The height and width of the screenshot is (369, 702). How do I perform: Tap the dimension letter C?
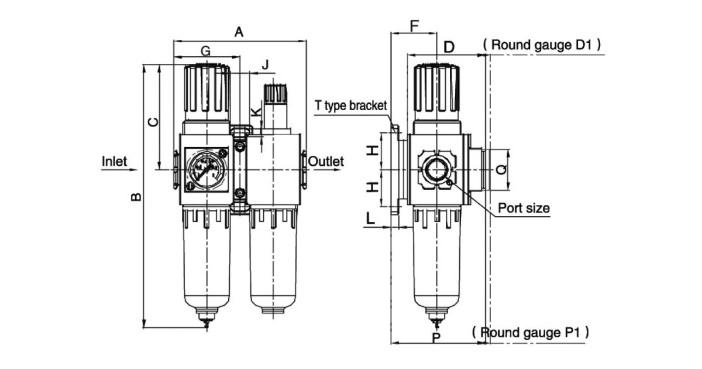tap(152, 122)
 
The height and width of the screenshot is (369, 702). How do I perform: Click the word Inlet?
tap(115, 161)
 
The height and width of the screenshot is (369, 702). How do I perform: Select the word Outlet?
tap(326, 161)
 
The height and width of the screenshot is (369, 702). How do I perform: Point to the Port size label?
tap(524, 208)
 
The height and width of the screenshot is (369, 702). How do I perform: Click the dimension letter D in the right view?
tap(449, 47)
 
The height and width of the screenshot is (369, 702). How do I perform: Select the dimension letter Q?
tap(501, 170)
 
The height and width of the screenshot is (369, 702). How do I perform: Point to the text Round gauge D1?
tap(542, 45)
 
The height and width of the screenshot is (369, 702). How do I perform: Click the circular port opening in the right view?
tap(436, 170)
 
